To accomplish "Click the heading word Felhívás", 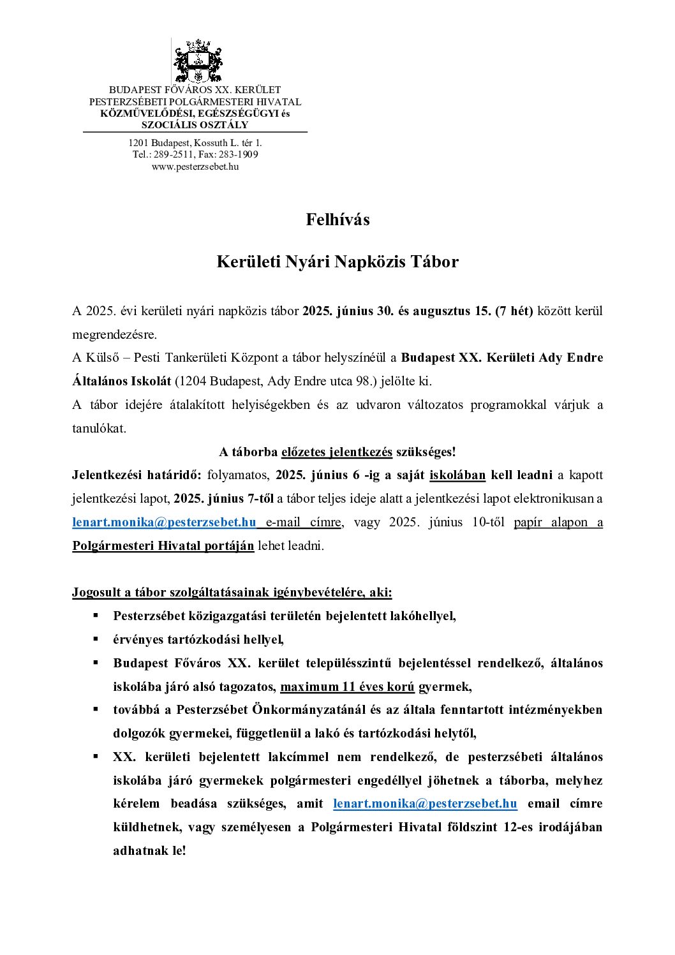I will pos(337,220).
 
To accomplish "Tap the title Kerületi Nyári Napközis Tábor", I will pos(337,262).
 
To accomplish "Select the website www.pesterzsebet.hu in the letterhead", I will pos(195,167).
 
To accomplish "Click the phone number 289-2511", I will pos(170,154).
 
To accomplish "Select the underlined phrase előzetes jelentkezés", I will pos(337,452).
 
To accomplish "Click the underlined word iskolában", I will pos(457,475).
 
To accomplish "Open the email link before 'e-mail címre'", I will pos(164,522).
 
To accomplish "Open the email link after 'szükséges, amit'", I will pos(425,804).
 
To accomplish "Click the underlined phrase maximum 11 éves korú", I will pos(347,687).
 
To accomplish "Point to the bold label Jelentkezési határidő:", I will pos(137,475).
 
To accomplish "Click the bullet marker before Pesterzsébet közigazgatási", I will pos(96,616).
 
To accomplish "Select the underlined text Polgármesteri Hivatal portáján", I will pos(163,546).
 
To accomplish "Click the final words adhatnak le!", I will pos(149,851).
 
